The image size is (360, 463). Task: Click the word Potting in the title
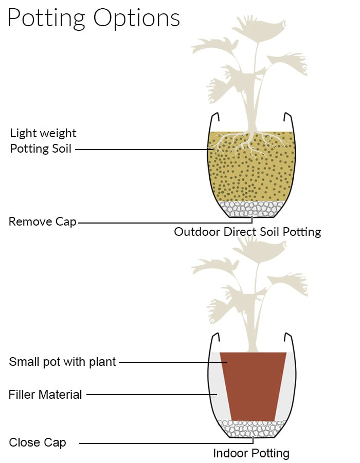click(46, 18)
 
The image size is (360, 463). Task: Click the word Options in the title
click(137, 18)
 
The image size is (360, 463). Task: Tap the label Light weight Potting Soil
click(43, 141)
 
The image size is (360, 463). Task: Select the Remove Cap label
click(43, 222)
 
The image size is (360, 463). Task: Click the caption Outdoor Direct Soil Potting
click(247, 232)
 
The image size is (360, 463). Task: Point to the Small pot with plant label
click(62, 362)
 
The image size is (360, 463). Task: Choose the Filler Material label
click(45, 395)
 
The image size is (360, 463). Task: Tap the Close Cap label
click(38, 442)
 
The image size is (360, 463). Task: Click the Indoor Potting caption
click(251, 453)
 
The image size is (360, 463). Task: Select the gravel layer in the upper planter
click(252, 209)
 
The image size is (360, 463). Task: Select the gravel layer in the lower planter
click(252, 428)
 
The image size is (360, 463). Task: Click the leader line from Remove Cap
click(166, 223)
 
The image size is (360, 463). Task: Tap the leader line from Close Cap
click(167, 443)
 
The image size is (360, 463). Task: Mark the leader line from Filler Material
click(152, 395)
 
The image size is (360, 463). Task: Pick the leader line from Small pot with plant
click(173, 362)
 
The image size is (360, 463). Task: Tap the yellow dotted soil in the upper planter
click(252, 177)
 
